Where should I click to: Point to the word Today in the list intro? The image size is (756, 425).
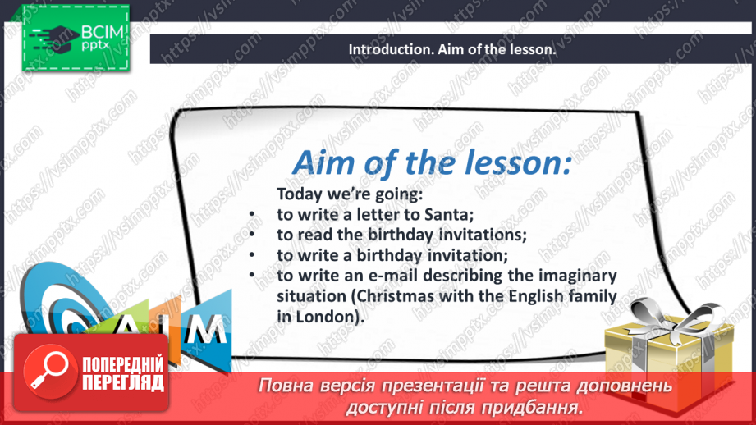click(301, 195)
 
